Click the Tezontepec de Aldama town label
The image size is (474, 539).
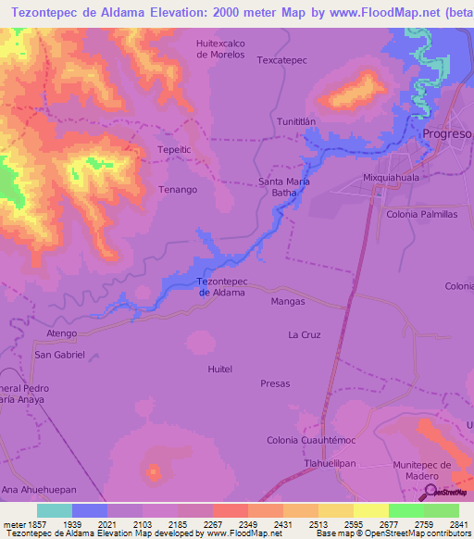point(222,287)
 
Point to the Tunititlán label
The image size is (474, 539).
point(296,121)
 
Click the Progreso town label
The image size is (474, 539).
point(447,134)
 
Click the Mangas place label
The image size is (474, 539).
point(288,302)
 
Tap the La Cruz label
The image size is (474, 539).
point(304,334)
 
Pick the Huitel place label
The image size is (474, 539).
point(220,369)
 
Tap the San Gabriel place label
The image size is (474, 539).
point(59,355)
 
